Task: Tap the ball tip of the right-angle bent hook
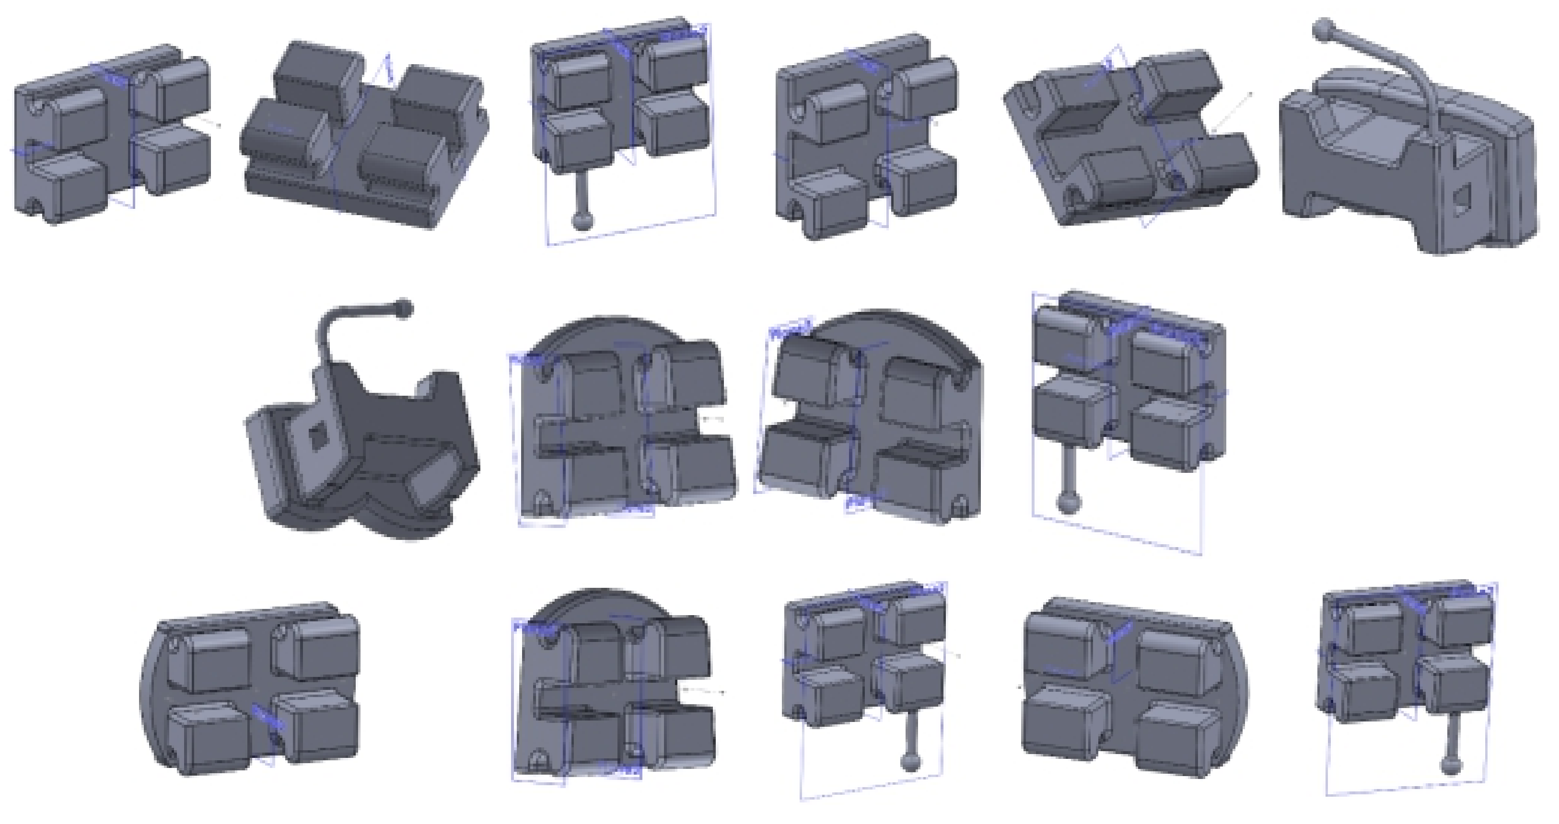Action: (x=404, y=309)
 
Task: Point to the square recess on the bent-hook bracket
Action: (x=316, y=437)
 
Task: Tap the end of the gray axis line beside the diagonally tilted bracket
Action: (x=1250, y=94)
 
